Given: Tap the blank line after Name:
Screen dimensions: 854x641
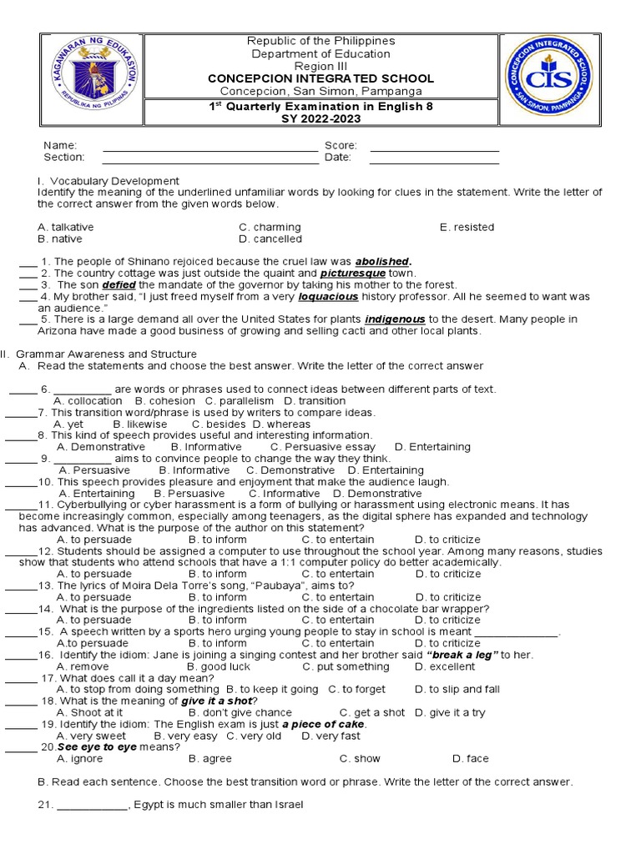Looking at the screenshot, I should click(210, 146).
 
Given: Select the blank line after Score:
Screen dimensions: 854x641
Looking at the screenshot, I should click(434, 146).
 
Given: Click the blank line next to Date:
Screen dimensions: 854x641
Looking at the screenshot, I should click(434, 158).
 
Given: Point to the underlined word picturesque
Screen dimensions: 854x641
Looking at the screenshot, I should click(353, 273).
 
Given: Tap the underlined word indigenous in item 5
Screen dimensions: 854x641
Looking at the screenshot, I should click(395, 319).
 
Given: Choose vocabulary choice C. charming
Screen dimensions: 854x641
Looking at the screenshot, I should click(270, 227).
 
